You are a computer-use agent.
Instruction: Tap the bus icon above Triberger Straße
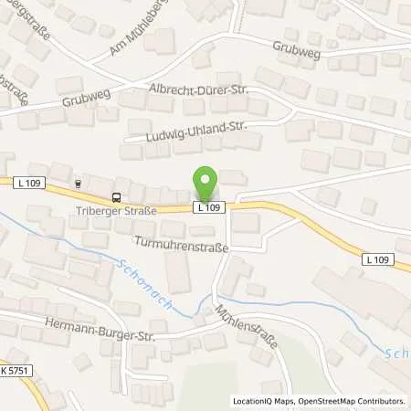(116, 196)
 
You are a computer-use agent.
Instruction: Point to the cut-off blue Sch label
(399, 353)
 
